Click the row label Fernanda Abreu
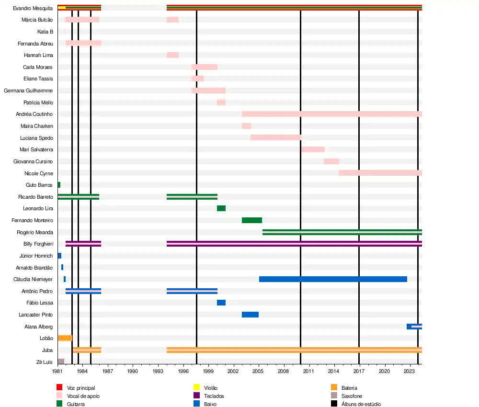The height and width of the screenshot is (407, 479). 35,44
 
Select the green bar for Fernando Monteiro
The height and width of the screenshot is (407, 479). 251,220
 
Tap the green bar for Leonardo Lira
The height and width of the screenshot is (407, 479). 221,208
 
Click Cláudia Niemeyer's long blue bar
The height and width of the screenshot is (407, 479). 333,279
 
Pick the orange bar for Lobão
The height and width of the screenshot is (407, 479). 65,338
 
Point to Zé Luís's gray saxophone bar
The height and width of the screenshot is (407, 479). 61,362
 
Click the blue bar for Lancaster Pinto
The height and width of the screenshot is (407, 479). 250,315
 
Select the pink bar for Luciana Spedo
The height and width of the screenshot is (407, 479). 275,138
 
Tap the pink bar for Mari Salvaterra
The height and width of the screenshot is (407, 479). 313,149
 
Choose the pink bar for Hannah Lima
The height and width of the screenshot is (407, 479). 172,55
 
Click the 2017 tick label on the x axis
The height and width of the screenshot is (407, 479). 359,371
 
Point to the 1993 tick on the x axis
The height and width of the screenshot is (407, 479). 158,371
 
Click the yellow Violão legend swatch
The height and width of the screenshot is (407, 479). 196,387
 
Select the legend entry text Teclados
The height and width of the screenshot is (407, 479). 214,396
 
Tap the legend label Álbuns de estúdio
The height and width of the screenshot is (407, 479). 361,404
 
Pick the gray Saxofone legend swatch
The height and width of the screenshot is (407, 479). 334,396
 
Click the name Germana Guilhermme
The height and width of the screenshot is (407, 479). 28,90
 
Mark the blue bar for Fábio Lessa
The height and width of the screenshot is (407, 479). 221,303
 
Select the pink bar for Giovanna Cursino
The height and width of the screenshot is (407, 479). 331,161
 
